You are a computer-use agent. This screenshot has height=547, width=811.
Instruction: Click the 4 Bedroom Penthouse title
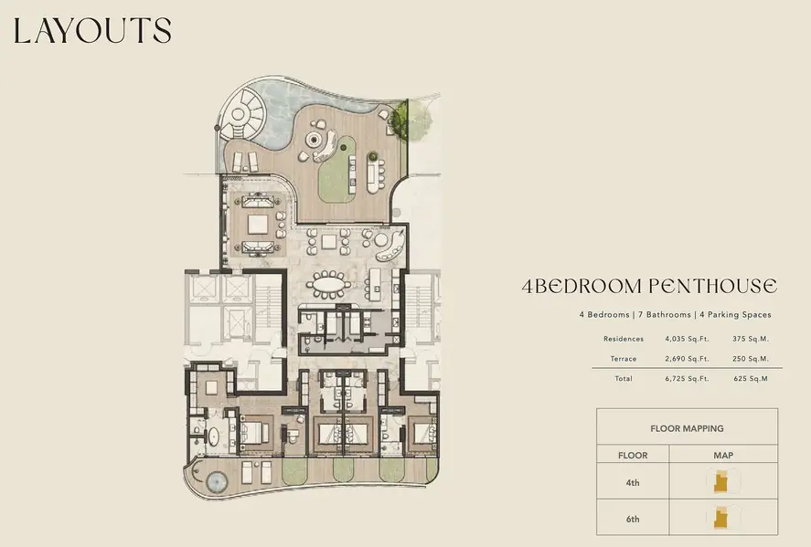(x=650, y=286)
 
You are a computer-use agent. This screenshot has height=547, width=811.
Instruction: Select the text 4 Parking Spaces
(x=735, y=314)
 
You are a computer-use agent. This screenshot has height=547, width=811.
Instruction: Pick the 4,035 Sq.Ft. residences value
(x=687, y=340)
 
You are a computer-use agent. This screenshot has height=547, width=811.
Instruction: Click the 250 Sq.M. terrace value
(x=751, y=359)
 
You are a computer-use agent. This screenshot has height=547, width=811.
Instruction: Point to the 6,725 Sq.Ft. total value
(x=687, y=379)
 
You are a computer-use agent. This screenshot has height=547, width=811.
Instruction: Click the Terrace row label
(x=624, y=359)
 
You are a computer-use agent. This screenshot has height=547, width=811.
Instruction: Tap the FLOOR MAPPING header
(x=687, y=428)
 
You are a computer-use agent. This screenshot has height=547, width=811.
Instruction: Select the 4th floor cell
(x=633, y=483)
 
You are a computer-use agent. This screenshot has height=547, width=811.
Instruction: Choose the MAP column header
(x=723, y=456)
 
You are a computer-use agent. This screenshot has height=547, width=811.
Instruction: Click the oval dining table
(x=328, y=285)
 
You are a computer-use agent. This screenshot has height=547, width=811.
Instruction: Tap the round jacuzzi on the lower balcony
(x=217, y=482)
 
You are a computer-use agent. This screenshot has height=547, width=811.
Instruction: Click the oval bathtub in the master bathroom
(x=213, y=437)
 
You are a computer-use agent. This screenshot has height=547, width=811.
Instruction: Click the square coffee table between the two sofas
(x=258, y=224)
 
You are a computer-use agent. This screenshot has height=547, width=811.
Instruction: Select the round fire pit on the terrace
(x=314, y=139)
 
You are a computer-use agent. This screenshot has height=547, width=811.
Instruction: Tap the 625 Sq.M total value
(x=751, y=379)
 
